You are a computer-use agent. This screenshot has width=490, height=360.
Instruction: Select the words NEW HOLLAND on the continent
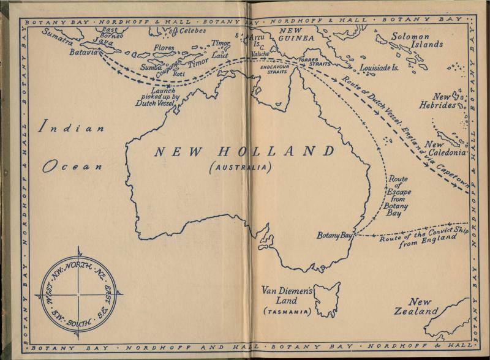coord(244,152)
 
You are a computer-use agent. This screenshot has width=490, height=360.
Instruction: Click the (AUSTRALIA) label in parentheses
coord(240,167)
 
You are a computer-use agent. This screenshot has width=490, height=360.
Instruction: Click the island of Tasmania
coord(328,298)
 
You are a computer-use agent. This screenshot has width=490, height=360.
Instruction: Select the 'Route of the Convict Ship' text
coord(420,234)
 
